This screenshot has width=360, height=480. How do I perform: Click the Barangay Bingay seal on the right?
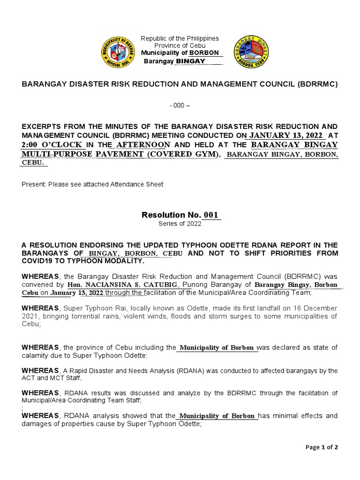pos(251,51)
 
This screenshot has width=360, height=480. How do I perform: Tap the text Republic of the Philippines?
pos(180,38)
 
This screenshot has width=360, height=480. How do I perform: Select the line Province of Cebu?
pos(180,45)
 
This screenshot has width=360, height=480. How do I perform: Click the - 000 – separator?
pos(180,105)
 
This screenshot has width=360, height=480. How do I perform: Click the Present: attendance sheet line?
pos(92,184)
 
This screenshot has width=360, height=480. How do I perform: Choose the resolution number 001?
pos(211,215)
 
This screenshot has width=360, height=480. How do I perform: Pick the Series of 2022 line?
pos(180,224)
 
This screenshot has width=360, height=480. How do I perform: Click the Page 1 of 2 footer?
pos(322,447)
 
